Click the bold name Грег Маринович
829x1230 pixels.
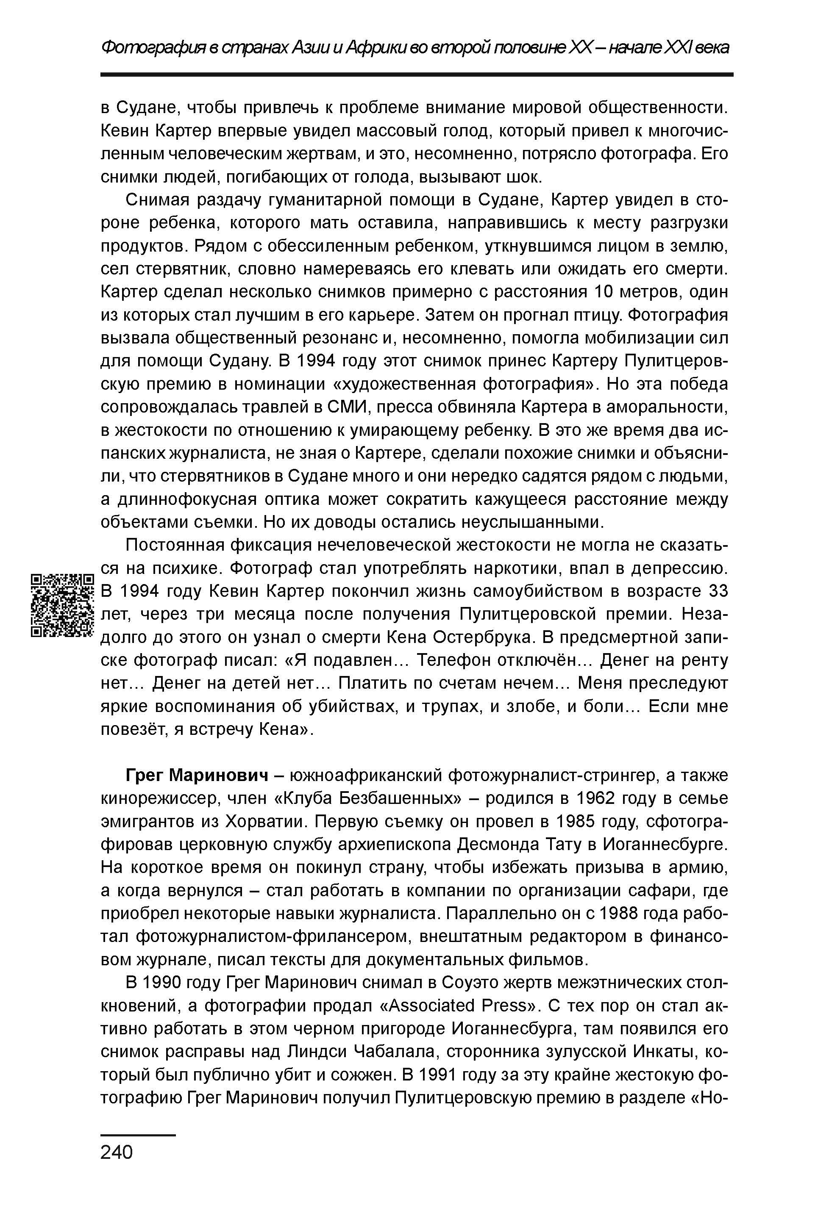194,776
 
